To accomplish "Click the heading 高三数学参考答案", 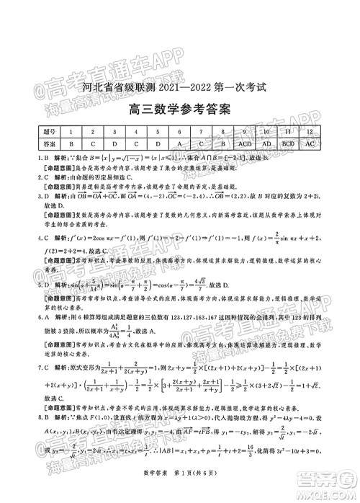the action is [x=179, y=111].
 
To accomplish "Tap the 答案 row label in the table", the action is [x=49, y=143].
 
